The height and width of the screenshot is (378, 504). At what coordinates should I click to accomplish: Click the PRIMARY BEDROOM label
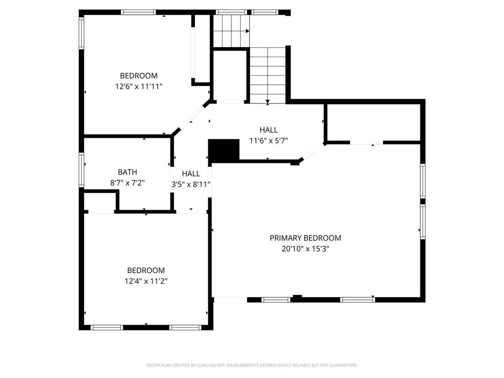tap(305, 238)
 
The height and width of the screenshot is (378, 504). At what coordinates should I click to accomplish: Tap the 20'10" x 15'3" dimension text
tap(305, 249)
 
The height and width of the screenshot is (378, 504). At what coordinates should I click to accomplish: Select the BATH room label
tap(127, 172)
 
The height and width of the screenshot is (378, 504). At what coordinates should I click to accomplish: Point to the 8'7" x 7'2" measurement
tap(127, 183)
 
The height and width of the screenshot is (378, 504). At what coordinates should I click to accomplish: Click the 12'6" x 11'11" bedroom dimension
tap(139, 86)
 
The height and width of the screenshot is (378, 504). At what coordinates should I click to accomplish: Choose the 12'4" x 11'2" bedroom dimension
tap(146, 281)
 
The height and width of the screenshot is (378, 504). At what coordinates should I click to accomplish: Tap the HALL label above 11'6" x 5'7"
tap(269, 130)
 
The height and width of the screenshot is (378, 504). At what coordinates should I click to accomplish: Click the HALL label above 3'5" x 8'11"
tap(191, 174)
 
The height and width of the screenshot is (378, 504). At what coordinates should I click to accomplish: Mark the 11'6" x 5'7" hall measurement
tap(269, 140)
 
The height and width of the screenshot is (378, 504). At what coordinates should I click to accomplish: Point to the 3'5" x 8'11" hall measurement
tap(191, 185)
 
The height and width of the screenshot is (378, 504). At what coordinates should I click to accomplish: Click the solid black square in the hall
tap(224, 150)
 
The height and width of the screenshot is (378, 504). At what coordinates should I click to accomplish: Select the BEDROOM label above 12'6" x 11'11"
tap(139, 76)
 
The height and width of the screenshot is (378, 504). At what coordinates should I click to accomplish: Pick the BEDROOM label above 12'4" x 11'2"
tap(146, 270)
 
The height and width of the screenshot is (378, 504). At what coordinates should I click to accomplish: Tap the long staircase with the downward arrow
tap(267, 75)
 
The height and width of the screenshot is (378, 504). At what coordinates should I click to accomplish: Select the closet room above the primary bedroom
tap(373, 122)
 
